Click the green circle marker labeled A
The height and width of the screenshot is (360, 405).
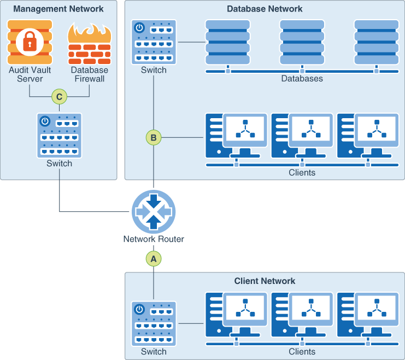(x=154, y=259)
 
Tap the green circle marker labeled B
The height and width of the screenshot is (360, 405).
(x=154, y=138)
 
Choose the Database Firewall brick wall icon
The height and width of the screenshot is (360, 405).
(x=89, y=44)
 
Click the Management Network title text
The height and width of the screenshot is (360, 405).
(x=58, y=9)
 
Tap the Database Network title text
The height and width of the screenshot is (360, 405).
(x=265, y=9)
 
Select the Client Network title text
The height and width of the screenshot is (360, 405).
(x=265, y=281)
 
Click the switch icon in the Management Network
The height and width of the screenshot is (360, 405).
(x=59, y=135)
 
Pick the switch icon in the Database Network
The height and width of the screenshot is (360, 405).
(x=154, y=42)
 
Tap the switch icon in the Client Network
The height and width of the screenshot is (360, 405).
(x=154, y=323)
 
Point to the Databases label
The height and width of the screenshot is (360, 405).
(x=302, y=79)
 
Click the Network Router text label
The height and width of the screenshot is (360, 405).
(x=154, y=239)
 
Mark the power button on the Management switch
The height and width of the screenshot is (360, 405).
(x=46, y=121)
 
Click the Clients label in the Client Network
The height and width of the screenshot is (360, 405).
(x=302, y=351)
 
